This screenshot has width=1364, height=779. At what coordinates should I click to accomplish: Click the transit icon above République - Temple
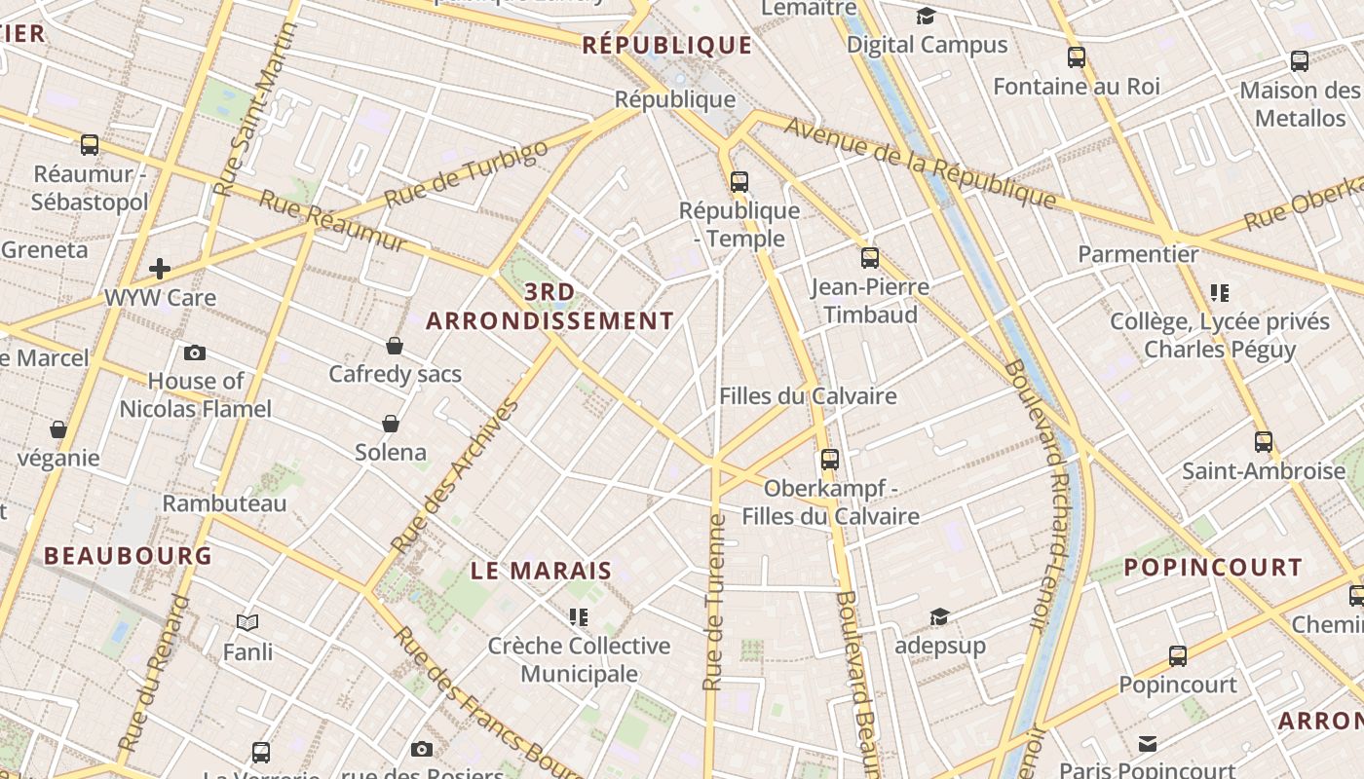point(739,181)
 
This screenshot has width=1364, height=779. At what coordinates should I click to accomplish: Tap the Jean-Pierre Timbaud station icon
point(870,258)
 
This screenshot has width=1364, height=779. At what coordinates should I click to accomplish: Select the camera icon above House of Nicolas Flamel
point(195,352)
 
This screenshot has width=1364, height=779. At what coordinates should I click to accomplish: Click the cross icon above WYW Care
point(160,268)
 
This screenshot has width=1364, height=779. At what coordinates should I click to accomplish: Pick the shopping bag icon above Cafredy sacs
point(395,345)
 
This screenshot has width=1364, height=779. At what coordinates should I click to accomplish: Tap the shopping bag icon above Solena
point(391,424)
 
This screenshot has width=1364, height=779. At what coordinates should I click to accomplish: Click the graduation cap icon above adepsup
point(939,616)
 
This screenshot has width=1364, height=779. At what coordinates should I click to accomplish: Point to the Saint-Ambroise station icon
point(1264,442)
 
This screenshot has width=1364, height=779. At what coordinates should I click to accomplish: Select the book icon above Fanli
point(247,622)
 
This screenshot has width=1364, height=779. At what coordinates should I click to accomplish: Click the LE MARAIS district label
point(542,571)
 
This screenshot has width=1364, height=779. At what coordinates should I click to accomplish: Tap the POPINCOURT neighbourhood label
point(1213,567)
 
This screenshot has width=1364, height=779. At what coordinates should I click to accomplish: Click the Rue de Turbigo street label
point(467,174)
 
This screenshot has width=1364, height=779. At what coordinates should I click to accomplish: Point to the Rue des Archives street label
point(454,476)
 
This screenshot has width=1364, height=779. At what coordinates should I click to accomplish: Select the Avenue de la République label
point(920,162)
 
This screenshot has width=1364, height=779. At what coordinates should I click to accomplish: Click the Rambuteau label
point(224,503)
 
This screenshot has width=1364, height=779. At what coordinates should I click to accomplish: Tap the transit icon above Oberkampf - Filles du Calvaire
point(830,460)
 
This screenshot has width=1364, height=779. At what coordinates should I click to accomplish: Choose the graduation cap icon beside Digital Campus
point(926,17)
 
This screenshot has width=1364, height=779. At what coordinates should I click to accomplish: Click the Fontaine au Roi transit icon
point(1077,57)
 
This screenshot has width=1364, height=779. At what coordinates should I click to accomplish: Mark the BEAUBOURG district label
point(128,556)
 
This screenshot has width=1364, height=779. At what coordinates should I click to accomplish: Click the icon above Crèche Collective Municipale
point(579,617)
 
